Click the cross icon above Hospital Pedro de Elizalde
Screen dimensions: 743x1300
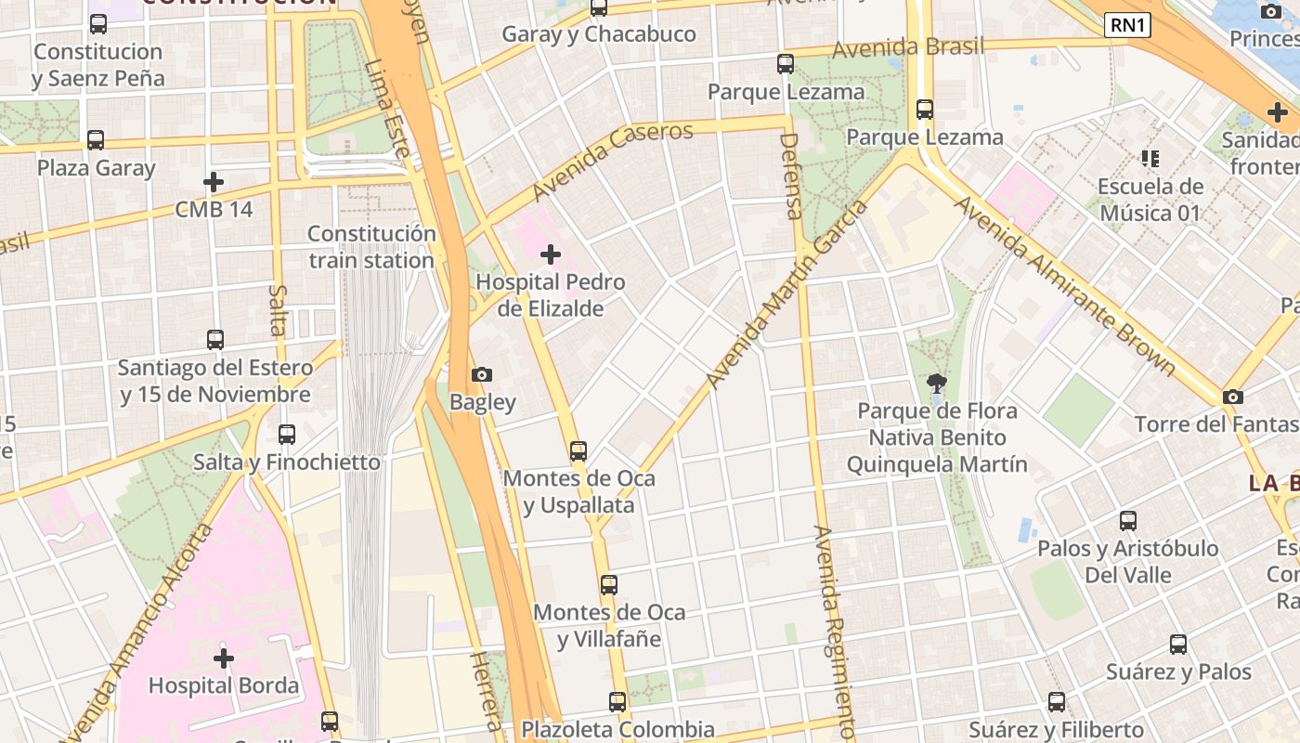551,254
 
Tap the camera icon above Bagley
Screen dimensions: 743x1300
482,374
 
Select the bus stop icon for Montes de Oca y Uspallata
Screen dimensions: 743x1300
578,451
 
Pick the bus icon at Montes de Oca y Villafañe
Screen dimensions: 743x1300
609,585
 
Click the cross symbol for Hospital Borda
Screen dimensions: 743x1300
224,658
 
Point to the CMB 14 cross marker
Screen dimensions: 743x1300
214,181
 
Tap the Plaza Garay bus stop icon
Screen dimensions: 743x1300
96,140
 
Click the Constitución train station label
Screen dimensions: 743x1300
371,247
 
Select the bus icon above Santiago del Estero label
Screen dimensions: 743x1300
215,340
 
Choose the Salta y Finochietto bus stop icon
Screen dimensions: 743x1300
287,434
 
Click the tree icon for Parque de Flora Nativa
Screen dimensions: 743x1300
937,383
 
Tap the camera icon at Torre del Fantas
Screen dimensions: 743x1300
1232,397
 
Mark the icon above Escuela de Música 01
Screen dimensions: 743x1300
1150,159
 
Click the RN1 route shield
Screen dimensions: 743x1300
1127,25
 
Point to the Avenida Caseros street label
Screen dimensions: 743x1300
613,161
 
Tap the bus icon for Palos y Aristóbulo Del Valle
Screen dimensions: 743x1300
1128,521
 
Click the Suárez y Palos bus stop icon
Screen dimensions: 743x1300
1178,645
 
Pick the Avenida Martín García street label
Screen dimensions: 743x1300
786,294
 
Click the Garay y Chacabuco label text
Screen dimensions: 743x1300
599,34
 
